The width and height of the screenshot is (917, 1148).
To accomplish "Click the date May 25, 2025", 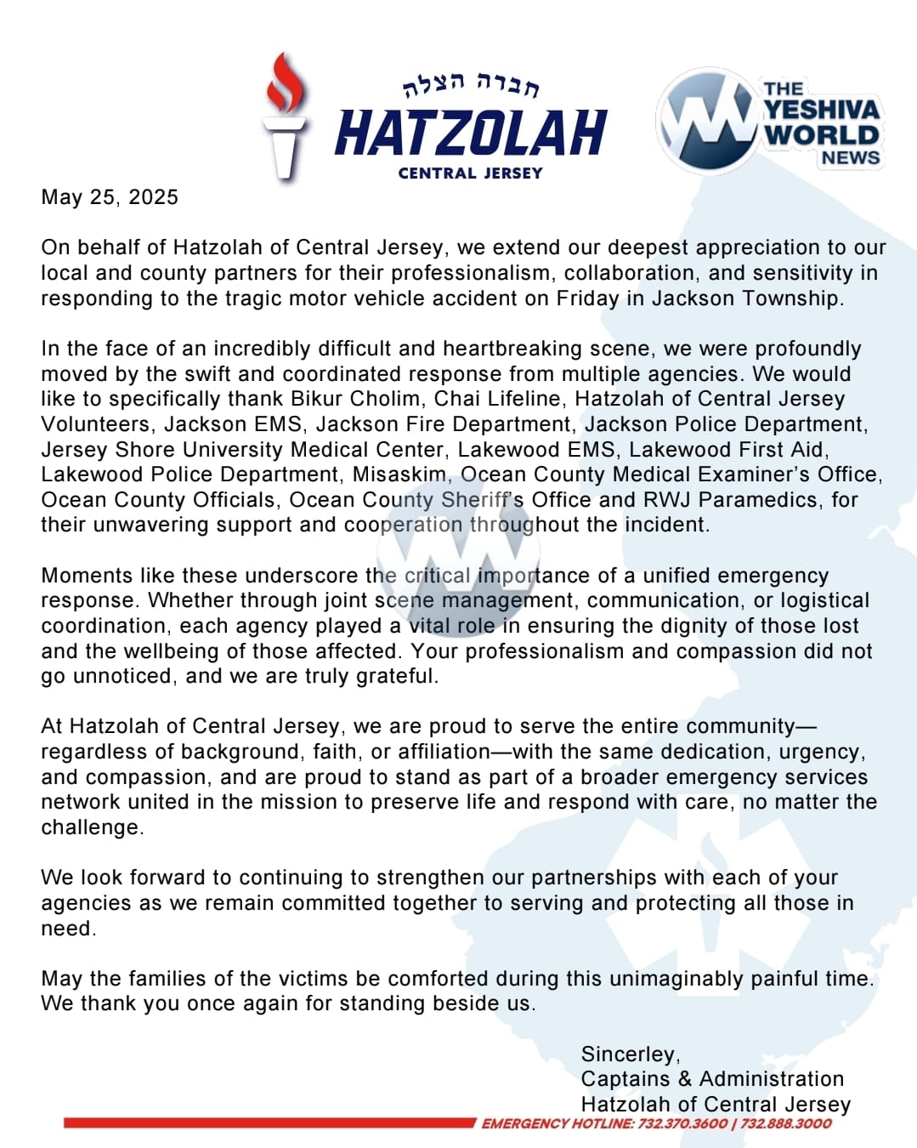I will tap(110, 197).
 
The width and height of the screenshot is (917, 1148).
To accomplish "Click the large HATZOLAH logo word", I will tap(471, 134).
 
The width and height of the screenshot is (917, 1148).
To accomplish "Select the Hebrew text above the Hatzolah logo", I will tap(471, 83).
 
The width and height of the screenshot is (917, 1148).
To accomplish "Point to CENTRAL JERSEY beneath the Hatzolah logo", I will tap(470, 173).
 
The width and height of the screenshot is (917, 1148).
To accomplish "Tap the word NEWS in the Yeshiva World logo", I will tap(850, 158).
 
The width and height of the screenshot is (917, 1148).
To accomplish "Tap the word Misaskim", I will tap(399, 475).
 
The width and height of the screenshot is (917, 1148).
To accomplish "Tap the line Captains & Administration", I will tap(712, 1079).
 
